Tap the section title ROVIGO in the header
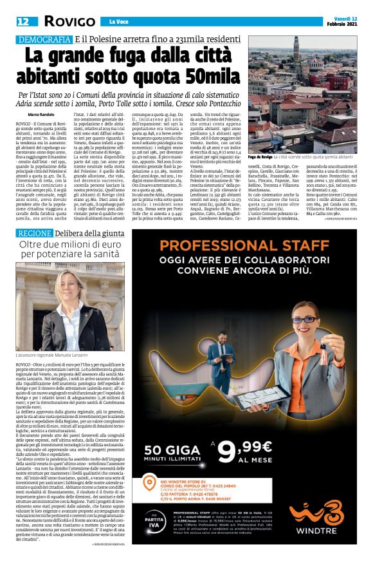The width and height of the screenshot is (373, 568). tap(69, 21)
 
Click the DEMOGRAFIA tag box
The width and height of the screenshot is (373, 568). tap(43, 40)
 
